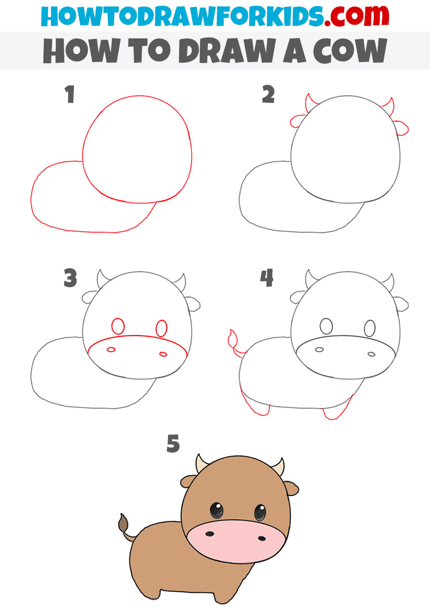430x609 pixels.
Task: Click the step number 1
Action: [70, 95]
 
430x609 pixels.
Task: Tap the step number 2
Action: [268, 95]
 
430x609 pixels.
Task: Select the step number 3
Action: [70, 278]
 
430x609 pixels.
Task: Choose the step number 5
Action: [173, 444]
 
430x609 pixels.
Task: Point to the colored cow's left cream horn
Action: [202, 462]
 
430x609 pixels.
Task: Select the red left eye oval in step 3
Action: [118, 326]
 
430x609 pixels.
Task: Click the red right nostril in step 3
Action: [163, 353]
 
